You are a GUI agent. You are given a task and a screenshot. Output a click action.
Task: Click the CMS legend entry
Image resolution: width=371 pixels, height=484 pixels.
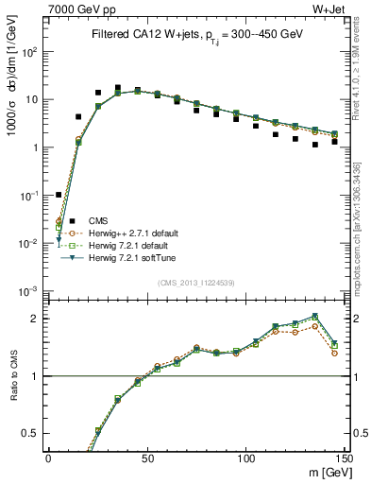(97, 220)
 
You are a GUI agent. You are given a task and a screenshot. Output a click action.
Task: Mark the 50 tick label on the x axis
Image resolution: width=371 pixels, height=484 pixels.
(146, 458)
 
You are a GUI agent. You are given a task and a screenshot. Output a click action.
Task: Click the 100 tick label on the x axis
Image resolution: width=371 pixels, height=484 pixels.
(245, 458)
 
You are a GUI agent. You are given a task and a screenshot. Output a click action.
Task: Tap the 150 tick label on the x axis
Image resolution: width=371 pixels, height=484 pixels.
(344, 458)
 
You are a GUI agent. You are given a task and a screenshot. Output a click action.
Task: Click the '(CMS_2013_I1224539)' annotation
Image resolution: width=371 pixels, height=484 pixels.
(196, 283)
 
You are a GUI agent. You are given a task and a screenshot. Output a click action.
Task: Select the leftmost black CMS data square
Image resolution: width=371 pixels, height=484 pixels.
(59, 195)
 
